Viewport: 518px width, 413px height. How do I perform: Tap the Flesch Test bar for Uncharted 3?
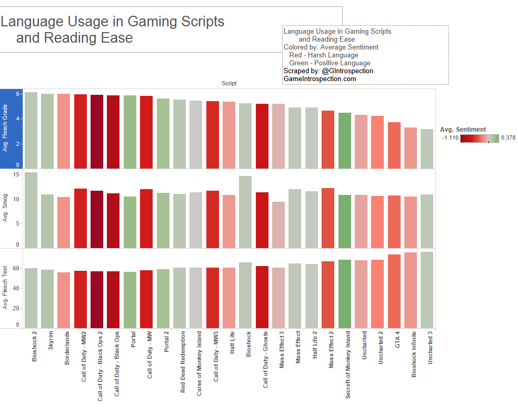[427, 290]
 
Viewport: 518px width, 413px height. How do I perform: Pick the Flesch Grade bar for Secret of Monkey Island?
[345, 140]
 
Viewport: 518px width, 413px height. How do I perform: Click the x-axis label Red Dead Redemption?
[183, 362]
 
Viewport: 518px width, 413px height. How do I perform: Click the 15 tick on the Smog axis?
[16, 174]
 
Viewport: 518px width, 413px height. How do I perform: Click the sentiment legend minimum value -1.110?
[450, 137]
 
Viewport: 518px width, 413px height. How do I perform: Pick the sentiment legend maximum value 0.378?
[507, 137]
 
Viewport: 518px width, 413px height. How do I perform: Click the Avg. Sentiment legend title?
[463, 130]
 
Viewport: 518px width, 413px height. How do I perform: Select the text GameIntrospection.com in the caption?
[320, 79]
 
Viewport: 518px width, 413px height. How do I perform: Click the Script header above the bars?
[229, 84]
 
